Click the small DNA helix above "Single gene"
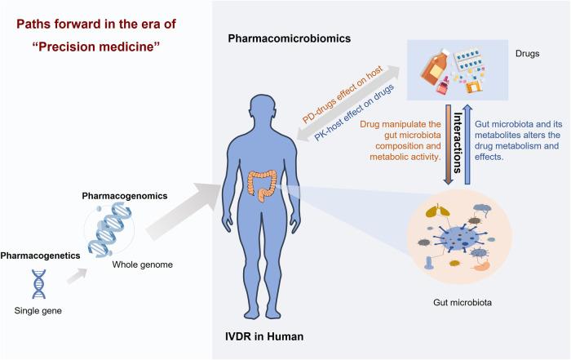click(x=38, y=283)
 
